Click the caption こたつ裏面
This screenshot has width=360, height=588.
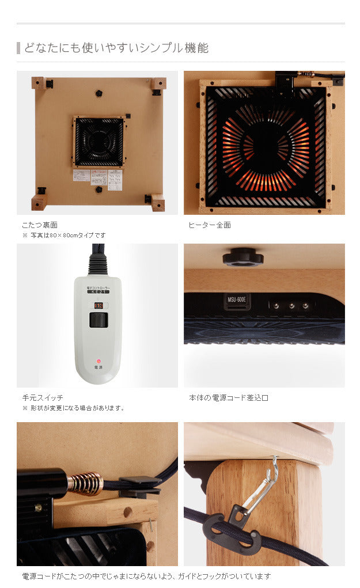pos(40,225)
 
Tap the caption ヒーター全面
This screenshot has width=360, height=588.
pos(210,225)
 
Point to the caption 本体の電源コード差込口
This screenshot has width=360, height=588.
pos(229,398)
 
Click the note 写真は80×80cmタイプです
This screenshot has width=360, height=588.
pos(67,236)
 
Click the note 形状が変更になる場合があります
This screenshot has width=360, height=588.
pos(76,408)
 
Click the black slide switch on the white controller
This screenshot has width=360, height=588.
pos(98,321)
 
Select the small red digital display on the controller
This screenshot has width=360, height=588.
pos(98,305)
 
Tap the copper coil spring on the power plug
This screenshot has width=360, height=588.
pos(85,483)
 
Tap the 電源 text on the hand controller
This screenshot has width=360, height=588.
pos(98,366)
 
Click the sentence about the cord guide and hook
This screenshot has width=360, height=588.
pos(146,576)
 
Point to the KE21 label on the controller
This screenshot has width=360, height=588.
pos(98,292)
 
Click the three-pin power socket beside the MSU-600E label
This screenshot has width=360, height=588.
pos(291,306)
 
